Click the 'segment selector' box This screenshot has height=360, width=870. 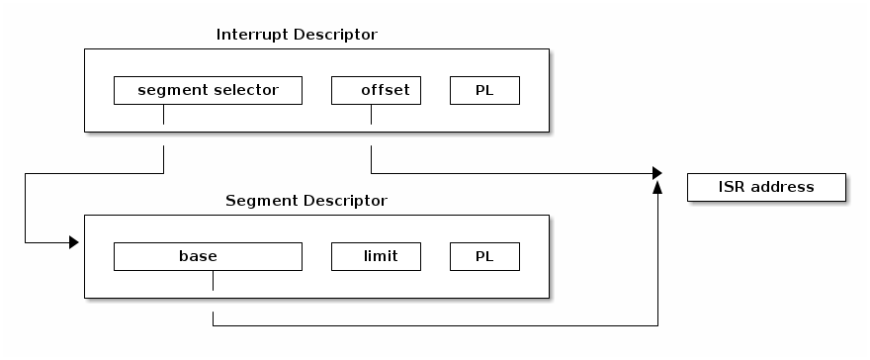(x=208, y=91)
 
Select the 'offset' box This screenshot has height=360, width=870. (x=376, y=91)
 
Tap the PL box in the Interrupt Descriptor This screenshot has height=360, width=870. (x=484, y=91)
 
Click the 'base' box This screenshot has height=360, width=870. (x=208, y=256)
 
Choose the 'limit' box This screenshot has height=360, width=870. (x=376, y=256)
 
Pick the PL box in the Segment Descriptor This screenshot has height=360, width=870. (x=484, y=256)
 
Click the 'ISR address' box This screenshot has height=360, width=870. (x=766, y=187)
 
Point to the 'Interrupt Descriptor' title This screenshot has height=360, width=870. (x=297, y=35)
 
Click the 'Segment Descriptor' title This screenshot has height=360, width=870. (x=306, y=201)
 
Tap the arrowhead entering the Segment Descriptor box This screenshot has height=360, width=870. (x=73, y=242)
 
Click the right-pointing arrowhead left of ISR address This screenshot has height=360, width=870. (x=656, y=173)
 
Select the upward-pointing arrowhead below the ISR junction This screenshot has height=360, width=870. (x=657, y=187)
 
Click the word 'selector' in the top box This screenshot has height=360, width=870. (x=246, y=91)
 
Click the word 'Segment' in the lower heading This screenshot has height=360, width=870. (x=257, y=201)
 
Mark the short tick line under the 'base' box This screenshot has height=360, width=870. (x=213, y=280)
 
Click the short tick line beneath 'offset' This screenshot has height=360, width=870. (x=371, y=114)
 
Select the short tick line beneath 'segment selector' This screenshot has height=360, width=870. (x=163, y=114)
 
